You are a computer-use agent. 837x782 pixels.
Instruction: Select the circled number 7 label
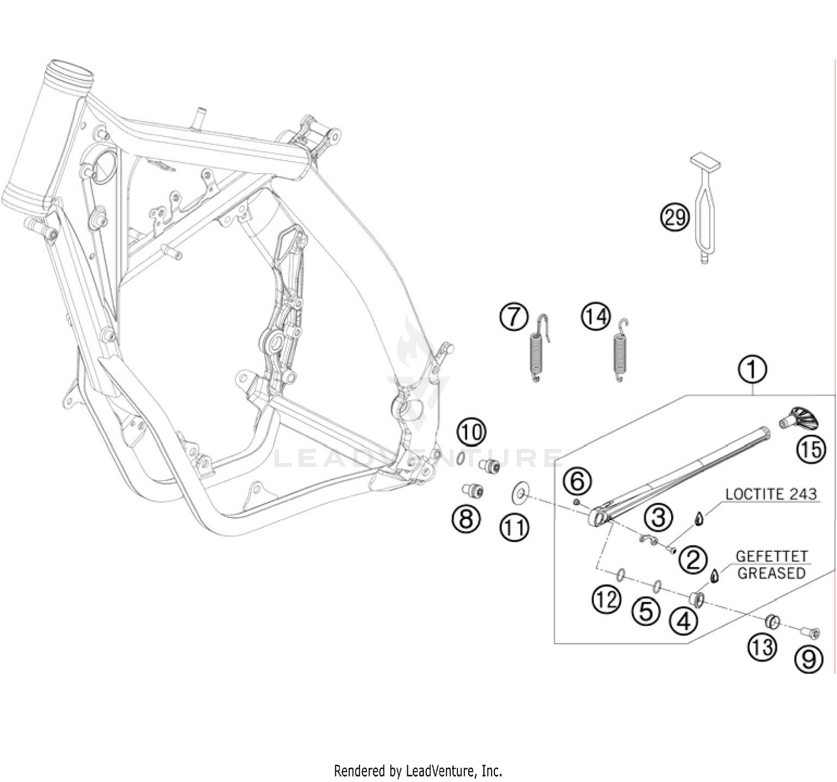[x=514, y=317]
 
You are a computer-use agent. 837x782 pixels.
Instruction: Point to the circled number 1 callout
[x=752, y=370]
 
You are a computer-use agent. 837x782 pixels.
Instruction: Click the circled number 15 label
[x=811, y=449]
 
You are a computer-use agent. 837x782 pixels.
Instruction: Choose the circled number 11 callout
[x=514, y=527]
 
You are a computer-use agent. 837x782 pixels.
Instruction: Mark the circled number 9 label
[x=809, y=660]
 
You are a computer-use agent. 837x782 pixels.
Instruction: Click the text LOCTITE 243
[x=771, y=494]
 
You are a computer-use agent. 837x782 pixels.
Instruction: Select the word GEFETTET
[x=772, y=556]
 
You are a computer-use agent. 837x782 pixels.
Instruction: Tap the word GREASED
[x=772, y=573]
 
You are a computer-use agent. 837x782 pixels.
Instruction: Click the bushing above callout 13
[x=772, y=622]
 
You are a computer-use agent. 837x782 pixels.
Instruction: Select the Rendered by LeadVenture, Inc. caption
[x=418, y=771]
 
